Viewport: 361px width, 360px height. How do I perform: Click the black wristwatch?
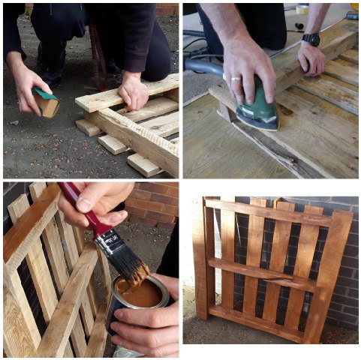(311, 40)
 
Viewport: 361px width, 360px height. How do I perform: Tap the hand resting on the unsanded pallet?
(134, 92)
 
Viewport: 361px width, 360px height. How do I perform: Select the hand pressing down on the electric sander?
(251, 67)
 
